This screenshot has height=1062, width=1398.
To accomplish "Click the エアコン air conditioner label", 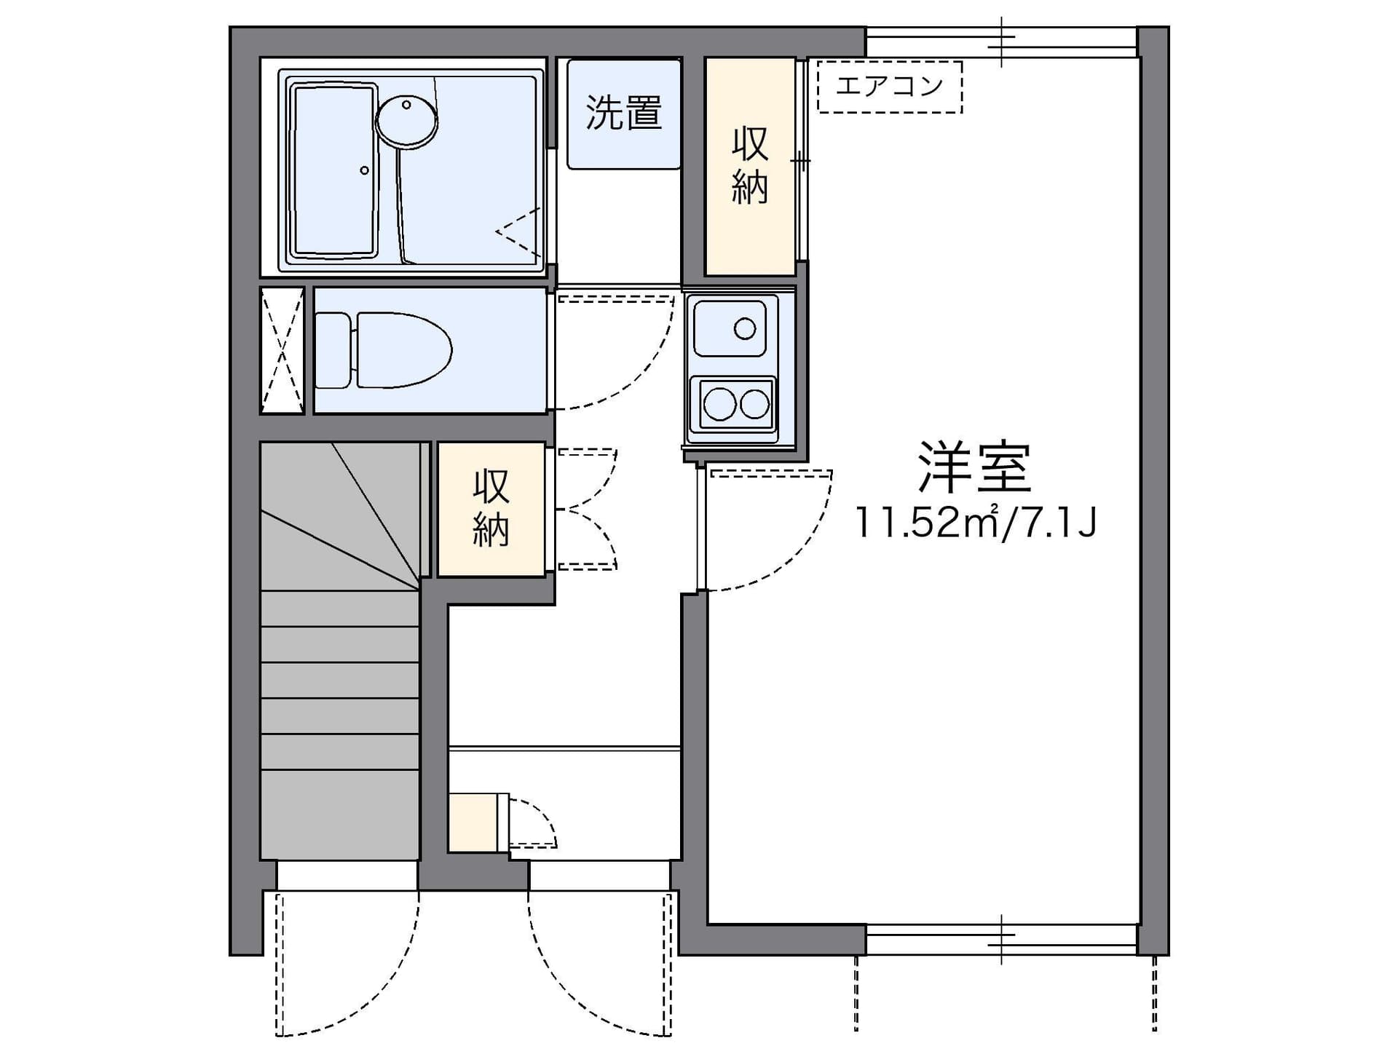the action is click(889, 87).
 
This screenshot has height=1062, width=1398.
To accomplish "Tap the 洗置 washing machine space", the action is click(624, 114).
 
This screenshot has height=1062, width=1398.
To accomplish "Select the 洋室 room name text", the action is click(974, 467).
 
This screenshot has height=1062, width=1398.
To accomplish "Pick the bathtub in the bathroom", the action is click(334, 170).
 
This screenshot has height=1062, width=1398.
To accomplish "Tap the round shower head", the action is click(407, 118).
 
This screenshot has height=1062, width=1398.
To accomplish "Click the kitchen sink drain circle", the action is click(745, 329).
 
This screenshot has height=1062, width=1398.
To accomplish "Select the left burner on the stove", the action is click(719, 404).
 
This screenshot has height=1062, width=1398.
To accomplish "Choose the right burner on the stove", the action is click(755, 404).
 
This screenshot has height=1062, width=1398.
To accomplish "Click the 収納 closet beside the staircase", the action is click(491, 510).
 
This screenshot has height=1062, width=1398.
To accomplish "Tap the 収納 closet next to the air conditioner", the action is click(750, 166).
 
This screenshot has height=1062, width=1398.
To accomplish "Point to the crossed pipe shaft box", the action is click(282, 350).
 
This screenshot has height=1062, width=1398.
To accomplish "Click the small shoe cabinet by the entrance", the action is click(473, 822).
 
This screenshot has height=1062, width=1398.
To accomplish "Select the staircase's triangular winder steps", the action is click(340, 515).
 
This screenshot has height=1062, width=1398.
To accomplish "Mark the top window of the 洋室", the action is click(1001, 41).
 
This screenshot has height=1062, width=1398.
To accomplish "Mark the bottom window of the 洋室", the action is click(1001, 940).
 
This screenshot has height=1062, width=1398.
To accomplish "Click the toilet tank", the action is click(333, 350).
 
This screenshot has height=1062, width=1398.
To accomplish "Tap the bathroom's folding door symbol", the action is click(520, 232).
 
